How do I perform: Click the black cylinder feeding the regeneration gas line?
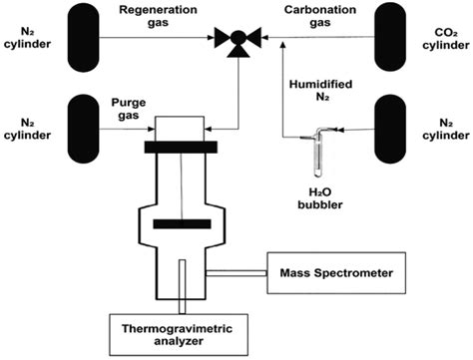[x=87, y=37]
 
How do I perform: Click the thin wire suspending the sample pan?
[x=182, y=184]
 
